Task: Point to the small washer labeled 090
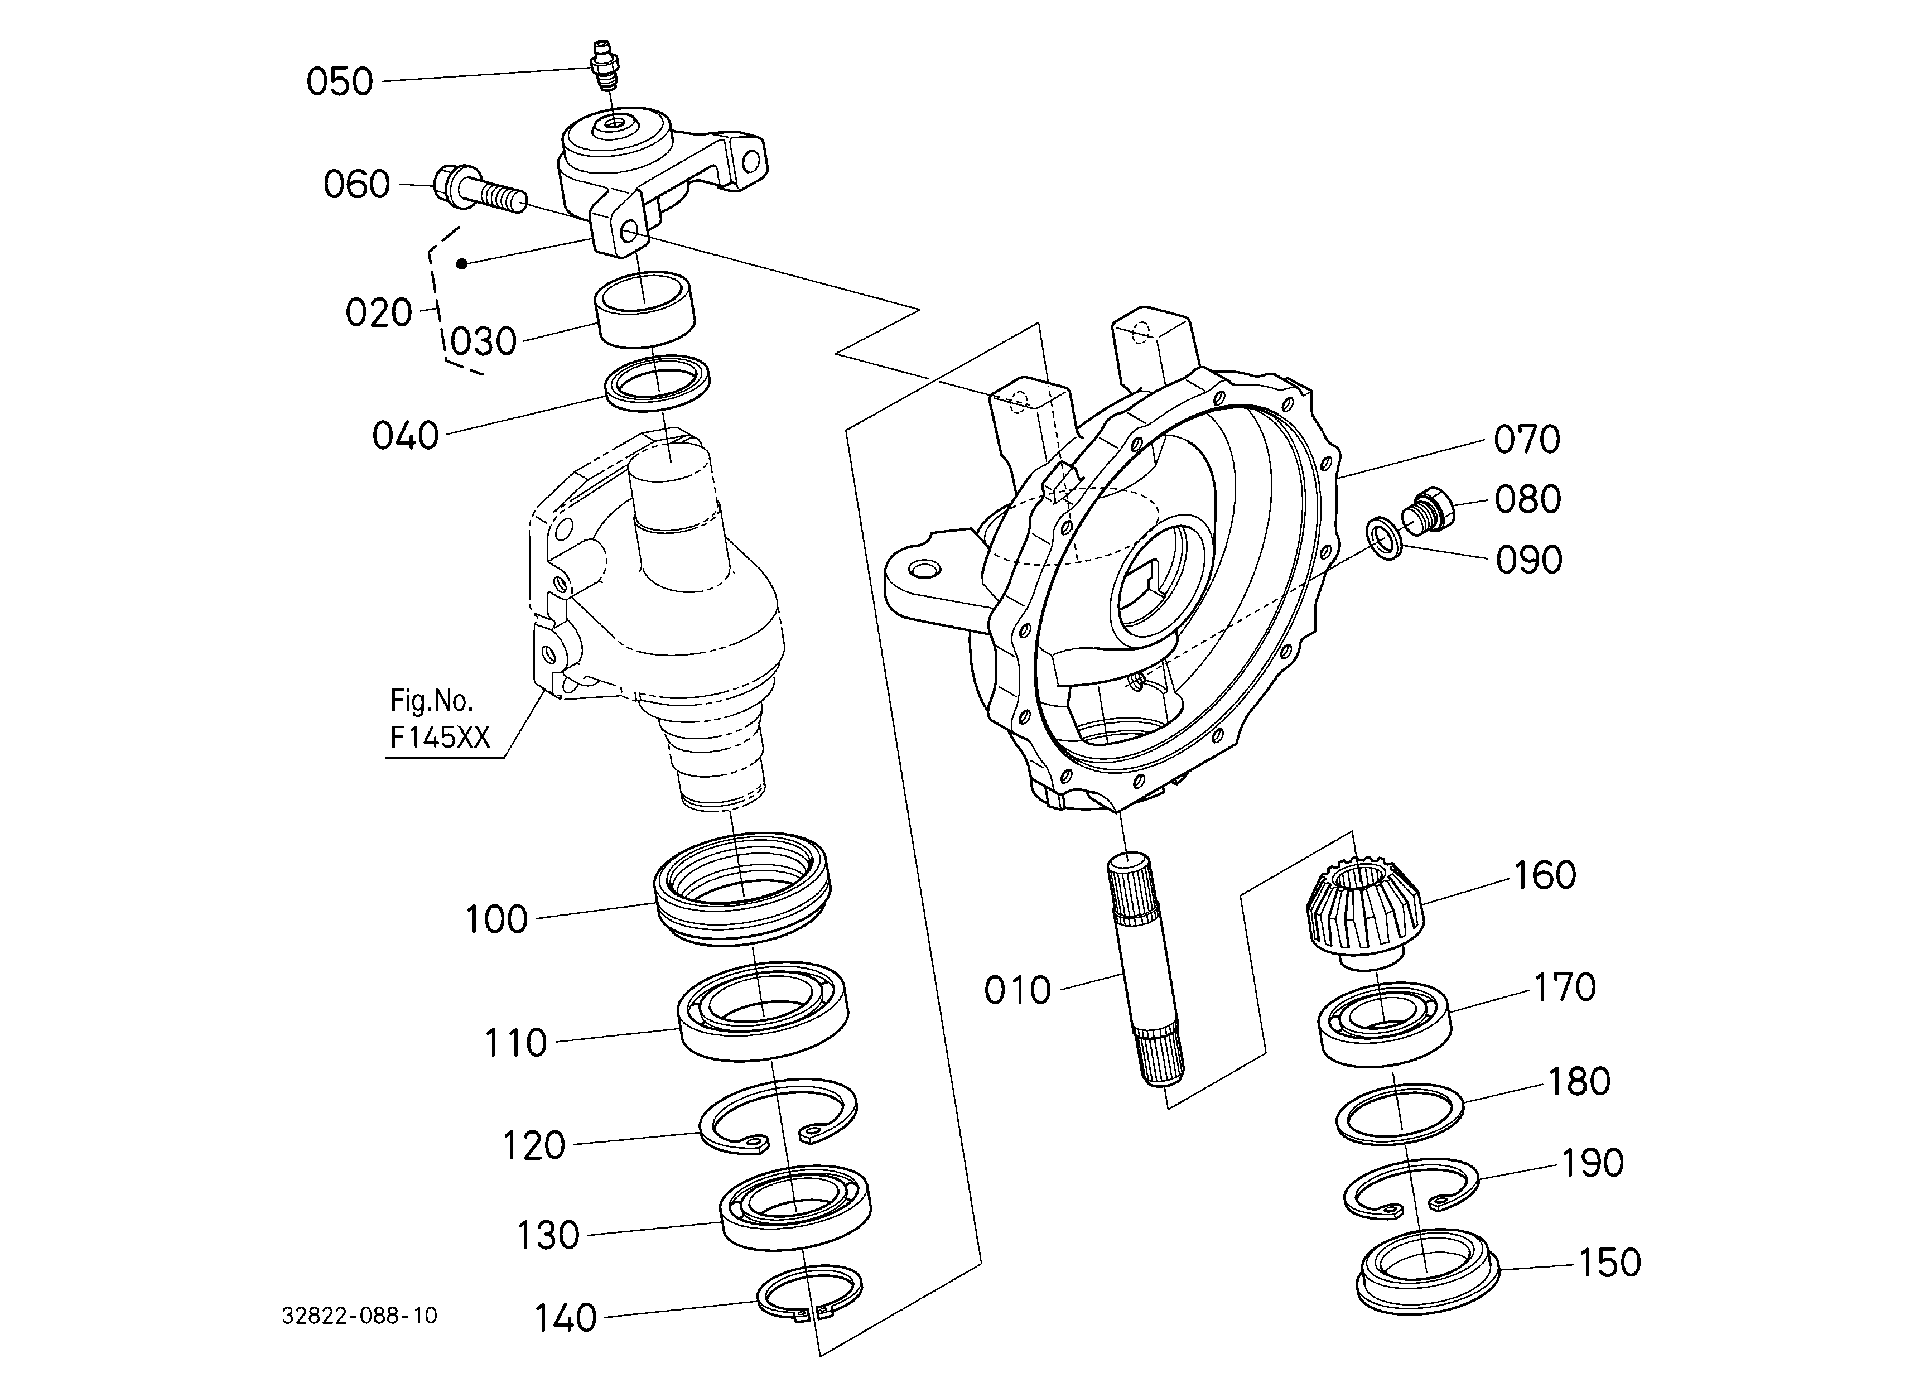pos(1383,540)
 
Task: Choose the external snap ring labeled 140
pos(809,1294)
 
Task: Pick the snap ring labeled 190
pos(1411,1187)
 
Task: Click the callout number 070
pos(1527,440)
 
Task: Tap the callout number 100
pos(496,919)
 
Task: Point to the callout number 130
pos(548,1236)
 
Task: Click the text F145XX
pos(440,737)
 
